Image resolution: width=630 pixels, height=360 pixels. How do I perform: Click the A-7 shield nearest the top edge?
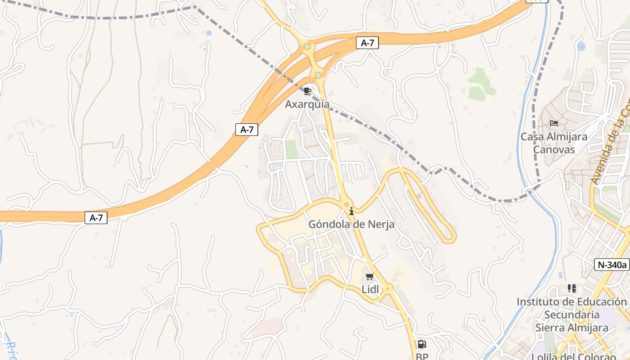367,43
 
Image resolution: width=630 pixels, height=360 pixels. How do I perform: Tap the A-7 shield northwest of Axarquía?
247,130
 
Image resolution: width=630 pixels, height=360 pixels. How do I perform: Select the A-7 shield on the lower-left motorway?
96,218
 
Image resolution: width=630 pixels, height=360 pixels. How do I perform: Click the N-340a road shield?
612,265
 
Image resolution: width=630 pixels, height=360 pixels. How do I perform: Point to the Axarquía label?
307,104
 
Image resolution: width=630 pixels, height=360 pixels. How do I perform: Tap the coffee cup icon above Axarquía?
307,91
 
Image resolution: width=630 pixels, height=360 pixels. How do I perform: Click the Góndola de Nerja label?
351,224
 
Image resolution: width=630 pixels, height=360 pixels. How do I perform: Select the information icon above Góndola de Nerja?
351,211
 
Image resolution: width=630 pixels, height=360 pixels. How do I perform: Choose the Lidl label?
370,289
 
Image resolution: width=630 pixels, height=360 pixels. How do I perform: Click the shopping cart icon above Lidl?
370,276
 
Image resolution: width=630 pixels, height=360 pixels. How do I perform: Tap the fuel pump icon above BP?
422,344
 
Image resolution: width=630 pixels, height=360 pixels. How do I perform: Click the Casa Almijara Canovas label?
554,143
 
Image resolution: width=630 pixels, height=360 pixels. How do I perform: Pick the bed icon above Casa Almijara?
554,123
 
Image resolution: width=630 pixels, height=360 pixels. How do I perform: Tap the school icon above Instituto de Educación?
572,288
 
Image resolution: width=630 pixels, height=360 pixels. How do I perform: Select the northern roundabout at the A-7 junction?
307,46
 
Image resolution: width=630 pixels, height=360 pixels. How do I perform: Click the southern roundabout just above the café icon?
318,75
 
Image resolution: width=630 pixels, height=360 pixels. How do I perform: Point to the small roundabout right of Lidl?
388,288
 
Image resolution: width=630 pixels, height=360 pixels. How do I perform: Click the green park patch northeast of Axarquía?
481,84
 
